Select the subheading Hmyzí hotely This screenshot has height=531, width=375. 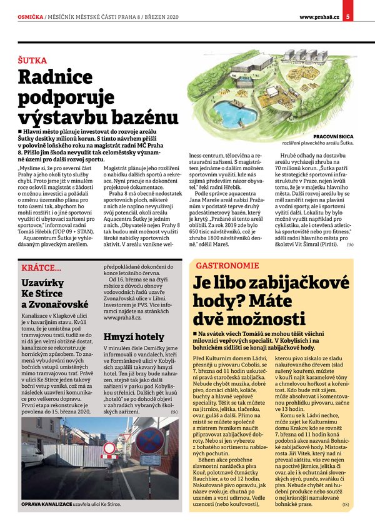(125, 336)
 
